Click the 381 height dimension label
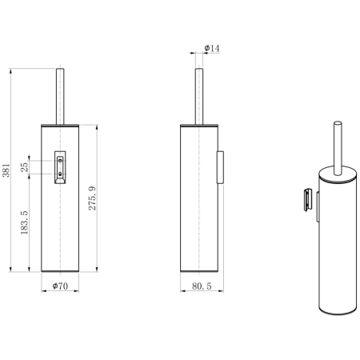click(6, 170)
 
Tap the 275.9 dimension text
click(92, 198)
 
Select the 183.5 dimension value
click(24, 222)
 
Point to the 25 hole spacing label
click(24, 167)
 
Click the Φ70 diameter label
click(60, 286)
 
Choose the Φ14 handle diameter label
click(212, 48)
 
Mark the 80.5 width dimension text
click(202, 286)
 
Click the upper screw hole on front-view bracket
click(60, 161)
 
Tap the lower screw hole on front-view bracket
click(60, 174)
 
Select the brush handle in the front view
click(60, 97)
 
